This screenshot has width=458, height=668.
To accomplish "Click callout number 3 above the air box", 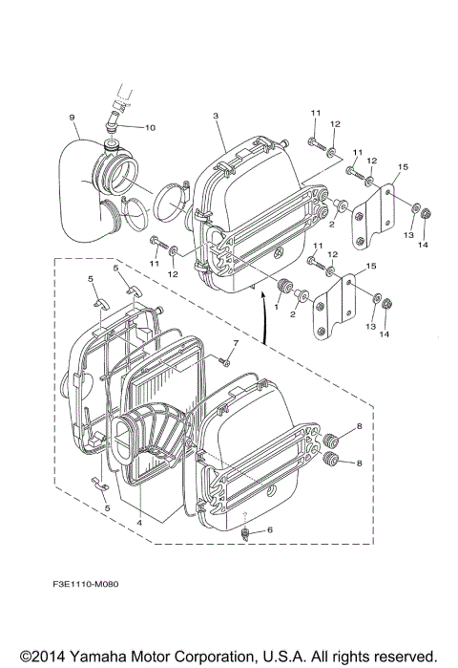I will (217, 116).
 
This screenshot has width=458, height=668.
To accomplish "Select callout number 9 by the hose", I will (72, 119).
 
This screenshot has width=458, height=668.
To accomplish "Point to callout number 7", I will (236, 342).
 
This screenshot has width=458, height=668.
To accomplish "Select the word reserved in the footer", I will (400, 657).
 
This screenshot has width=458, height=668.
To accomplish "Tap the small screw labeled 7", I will (222, 361).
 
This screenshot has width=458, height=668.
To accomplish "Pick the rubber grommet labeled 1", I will (283, 287).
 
